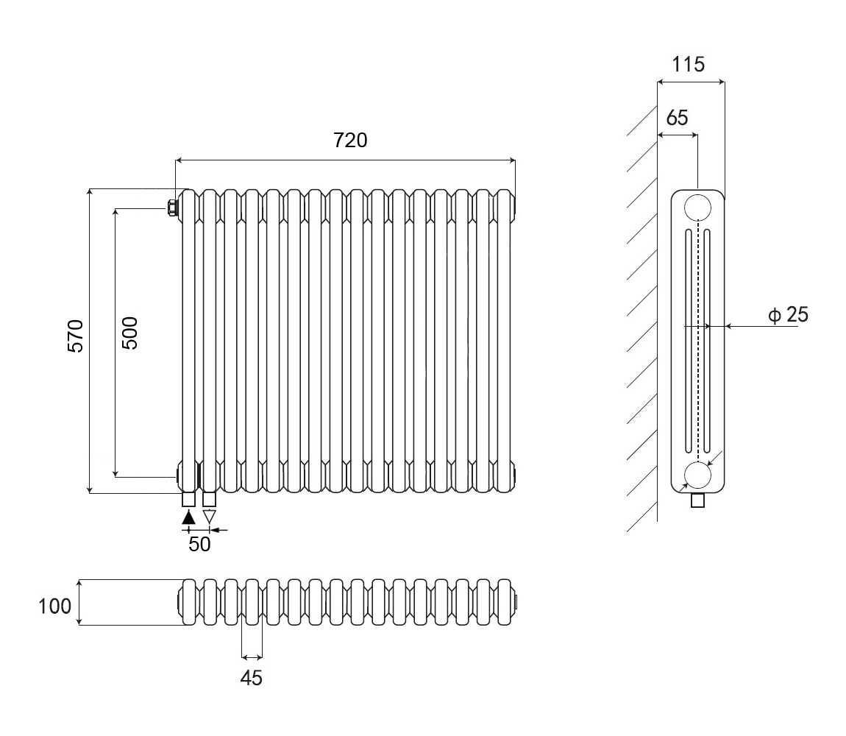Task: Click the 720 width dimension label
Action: coord(350,140)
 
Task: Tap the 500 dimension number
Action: coord(129,333)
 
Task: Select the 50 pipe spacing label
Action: coord(200,544)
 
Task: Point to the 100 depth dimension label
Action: coord(56,606)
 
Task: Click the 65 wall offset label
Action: coord(678,117)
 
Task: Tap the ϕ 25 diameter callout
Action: coord(788,315)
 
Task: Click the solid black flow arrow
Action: coord(189,517)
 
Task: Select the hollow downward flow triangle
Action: coord(210,517)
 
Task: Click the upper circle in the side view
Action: coord(697,208)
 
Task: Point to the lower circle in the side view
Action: coord(697,475)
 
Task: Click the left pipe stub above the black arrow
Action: coord(189,500)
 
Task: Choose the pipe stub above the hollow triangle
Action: coord(210,500)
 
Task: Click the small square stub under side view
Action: coord(698,501)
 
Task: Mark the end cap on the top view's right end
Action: coord(516,602)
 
